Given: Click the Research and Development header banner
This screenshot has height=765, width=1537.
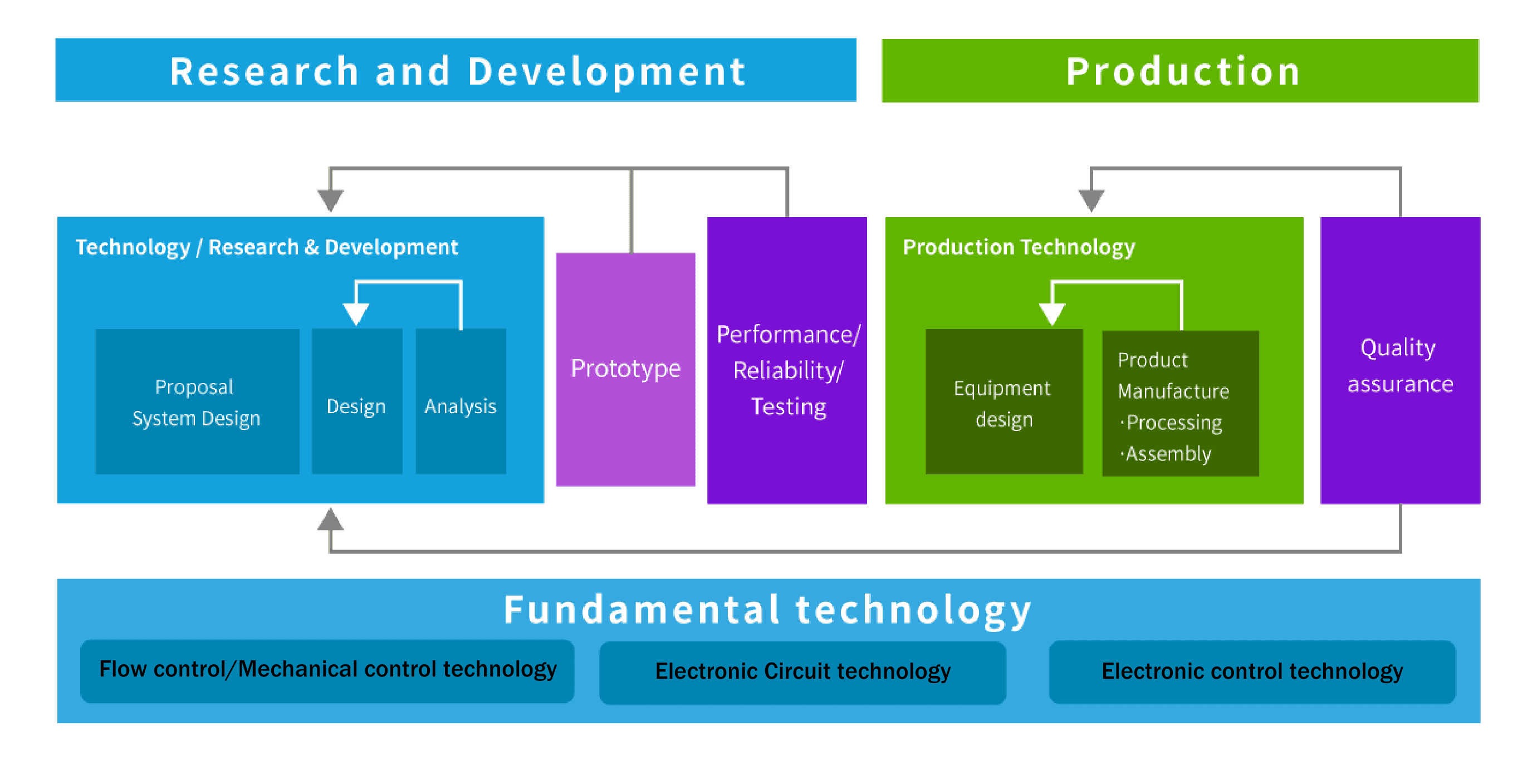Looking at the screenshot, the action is [456, 70].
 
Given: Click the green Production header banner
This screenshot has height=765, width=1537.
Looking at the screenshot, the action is [1180, 70].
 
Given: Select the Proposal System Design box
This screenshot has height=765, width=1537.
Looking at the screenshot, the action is [198, 401].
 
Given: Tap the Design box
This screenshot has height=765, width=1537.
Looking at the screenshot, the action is [357, 401].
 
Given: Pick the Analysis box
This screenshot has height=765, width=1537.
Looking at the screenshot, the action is [461, 401].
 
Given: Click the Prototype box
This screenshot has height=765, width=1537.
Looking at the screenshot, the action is [625, 369].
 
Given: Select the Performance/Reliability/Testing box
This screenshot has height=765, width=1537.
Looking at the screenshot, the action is [787, 360].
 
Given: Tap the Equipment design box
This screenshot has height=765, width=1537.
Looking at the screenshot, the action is [1004, 401].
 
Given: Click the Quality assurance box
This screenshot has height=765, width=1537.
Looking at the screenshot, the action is [1401, 360].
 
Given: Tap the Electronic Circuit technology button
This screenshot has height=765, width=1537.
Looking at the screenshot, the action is [802, 673].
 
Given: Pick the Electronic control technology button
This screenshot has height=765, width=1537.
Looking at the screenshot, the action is [1252, 673].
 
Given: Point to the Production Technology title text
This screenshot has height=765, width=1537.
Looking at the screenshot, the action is [1019, 248].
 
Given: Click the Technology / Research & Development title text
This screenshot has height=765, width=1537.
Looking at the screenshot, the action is [267, 248].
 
